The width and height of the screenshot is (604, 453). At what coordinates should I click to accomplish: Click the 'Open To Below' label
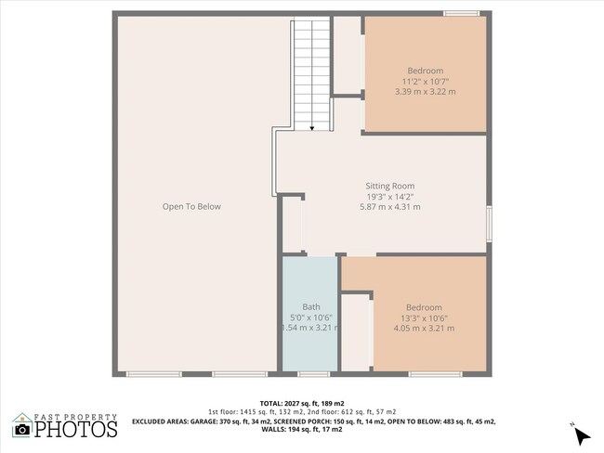tap(191, 207)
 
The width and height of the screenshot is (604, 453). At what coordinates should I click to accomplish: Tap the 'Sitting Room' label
tap(390, 186)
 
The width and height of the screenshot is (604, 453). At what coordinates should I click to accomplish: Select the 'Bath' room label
tap(311, 306)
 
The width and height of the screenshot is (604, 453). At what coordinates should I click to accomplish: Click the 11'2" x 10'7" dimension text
tap(426, 81)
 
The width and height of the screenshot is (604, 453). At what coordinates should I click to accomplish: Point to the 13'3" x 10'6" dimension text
tap(424, 318)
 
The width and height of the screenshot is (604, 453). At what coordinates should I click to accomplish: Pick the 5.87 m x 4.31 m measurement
tap(390, 207)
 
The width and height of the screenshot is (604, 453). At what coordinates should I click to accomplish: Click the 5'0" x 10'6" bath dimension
tap(311, 317)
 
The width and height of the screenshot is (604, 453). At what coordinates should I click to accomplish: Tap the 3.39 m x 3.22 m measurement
tap(426, 92)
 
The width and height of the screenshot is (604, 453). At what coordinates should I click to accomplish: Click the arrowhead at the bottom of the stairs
tap(312, 128)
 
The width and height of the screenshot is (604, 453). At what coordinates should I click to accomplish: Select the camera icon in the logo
tap(22, 429)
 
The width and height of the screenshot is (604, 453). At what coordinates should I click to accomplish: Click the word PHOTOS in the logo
tap(76, 429)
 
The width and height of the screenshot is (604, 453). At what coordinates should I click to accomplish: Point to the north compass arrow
tap(582, 437)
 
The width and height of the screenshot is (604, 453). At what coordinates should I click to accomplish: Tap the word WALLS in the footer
tap(274, 430)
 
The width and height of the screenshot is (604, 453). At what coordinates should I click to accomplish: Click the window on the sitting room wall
tap(489, 224)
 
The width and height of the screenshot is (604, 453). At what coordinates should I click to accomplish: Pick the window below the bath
tap(313, 374)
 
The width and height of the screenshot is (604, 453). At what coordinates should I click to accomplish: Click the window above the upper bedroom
tap(461, 14)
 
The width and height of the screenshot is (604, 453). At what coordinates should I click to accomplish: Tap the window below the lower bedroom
tap(435, 374)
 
